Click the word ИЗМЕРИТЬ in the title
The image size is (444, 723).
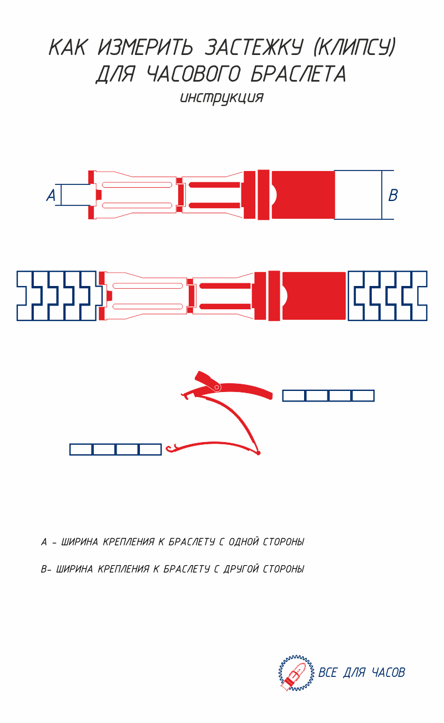point(145,47)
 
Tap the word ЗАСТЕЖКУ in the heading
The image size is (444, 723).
point(254,47)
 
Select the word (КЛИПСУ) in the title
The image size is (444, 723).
point(355,47)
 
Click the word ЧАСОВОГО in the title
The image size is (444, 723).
point(194,74)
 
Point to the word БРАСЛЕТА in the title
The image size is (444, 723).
point(299,74)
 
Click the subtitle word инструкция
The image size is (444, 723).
point(221,98)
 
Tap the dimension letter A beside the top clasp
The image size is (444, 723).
point(51,195)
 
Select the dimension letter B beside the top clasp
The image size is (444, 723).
point(393,195)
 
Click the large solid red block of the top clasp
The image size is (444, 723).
point(304,195)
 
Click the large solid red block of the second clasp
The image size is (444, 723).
point(314,296)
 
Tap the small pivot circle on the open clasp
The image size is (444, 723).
point(217,387)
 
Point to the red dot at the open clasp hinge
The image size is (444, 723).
point(258,453)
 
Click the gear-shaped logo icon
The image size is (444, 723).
point(296,673)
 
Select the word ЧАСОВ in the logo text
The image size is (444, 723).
point(389,673)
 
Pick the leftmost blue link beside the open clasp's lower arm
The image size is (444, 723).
point(82,450)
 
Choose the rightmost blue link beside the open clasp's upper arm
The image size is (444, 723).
point(362,396)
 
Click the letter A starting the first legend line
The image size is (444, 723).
point(44,542)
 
